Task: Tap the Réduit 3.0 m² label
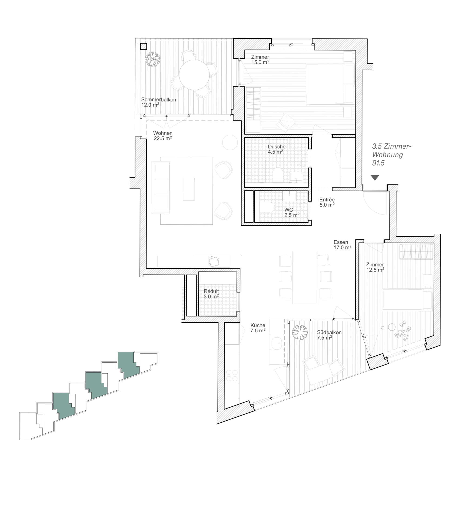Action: [211, 294]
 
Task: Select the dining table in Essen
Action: [305, 277]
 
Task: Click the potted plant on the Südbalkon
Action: [300, 332]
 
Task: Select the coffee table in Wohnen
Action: [189, 189]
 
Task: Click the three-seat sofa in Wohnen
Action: [160, 187]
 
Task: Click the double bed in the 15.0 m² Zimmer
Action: [330, 84]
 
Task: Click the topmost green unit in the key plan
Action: [129, 365]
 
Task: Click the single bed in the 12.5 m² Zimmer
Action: [407, 299]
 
